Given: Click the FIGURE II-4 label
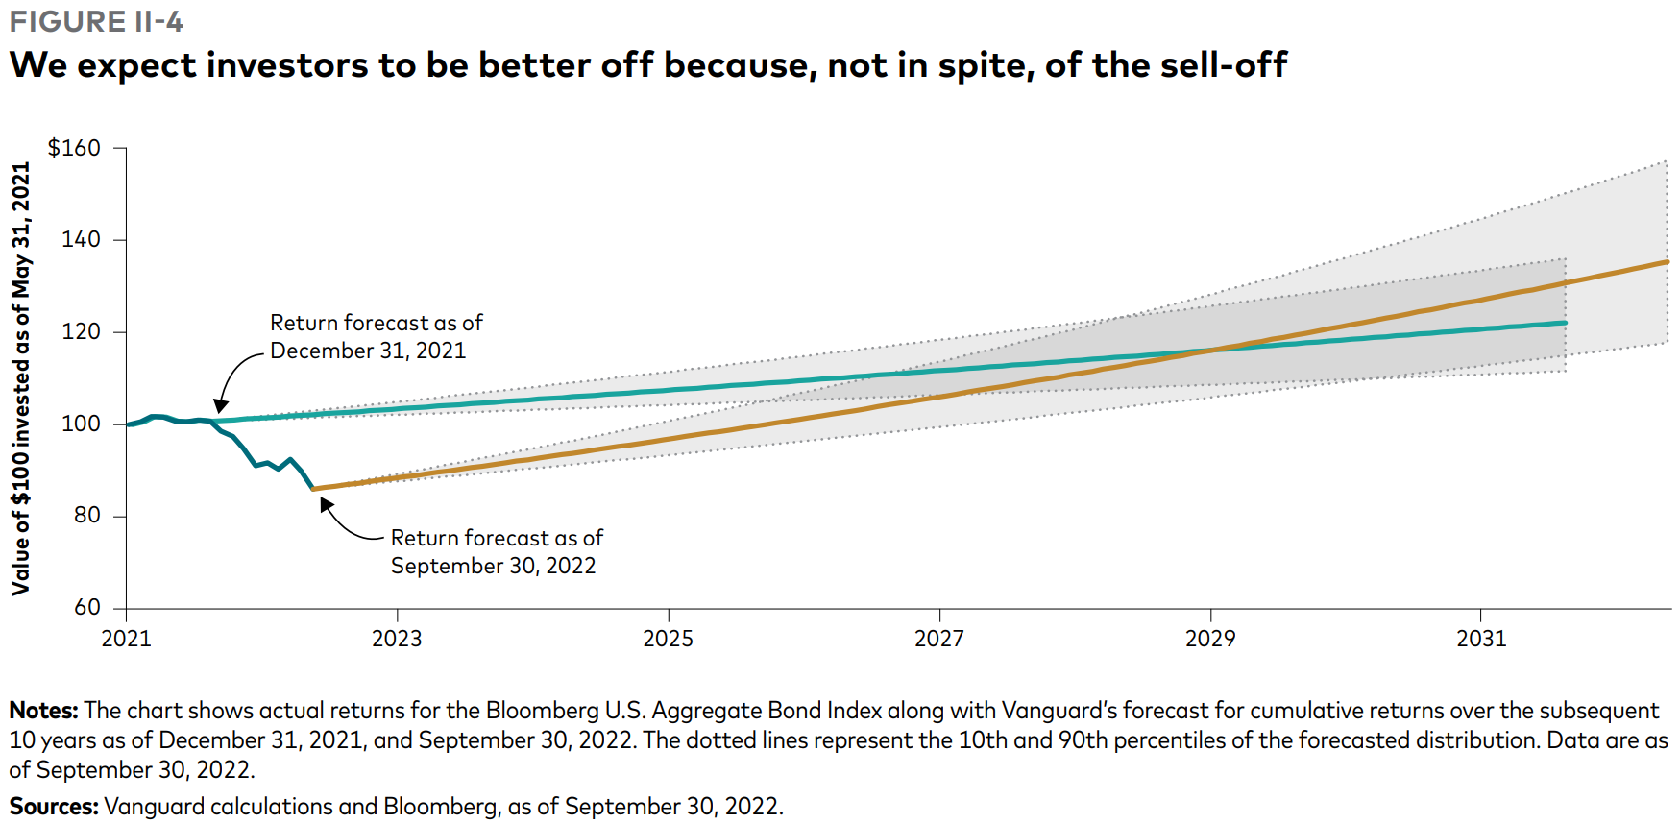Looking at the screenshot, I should point(96,21).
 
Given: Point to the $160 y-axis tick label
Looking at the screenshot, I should point(74,148).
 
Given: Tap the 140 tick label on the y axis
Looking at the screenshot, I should point(81,239).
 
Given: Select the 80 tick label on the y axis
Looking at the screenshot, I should point(86,516).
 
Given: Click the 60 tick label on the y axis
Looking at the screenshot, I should point(86,607).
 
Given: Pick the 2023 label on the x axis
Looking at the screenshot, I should point(397,639).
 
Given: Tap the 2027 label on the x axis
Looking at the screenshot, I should point(938,639).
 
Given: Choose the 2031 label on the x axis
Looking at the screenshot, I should point(1481,639).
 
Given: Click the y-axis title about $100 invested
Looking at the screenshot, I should point(21,378).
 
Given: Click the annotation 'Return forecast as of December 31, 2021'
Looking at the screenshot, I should point(376,336).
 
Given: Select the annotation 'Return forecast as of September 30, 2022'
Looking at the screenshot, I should point(496,551).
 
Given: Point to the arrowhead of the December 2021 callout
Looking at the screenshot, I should point(220,408).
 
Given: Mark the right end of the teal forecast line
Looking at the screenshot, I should point(1566,323).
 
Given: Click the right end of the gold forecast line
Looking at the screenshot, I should point(1668,261).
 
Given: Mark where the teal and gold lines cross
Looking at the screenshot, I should point(1212,350).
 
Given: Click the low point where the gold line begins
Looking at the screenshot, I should point(314,489).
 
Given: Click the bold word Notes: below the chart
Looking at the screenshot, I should point(44,711).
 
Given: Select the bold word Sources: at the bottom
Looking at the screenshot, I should point(54,807).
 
